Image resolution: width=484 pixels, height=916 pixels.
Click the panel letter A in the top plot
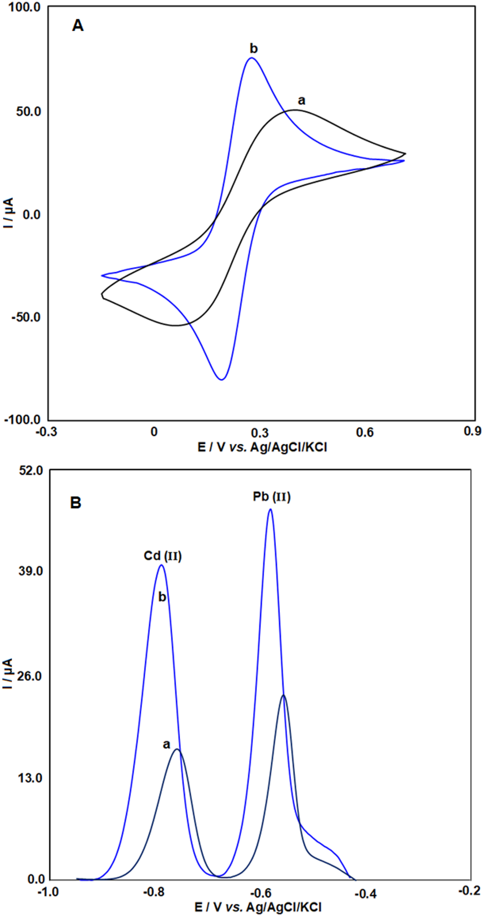[78, 26]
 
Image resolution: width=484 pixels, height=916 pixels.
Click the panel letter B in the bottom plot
[76, 503]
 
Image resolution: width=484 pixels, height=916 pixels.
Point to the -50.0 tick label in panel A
[26, 317]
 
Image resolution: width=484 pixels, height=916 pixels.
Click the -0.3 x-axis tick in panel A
[46, 431]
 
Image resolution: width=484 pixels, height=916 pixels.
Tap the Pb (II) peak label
[271, 497]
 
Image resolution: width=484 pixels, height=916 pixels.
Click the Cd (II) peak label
[163, 556]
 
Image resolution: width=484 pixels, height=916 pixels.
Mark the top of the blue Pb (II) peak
[270, 509]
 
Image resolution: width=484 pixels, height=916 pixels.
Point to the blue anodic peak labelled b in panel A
[252, 58]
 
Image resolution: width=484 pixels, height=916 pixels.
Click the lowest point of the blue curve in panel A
[221, 380]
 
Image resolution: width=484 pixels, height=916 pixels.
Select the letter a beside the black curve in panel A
[301, 101]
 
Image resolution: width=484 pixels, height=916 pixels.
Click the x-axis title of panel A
[262, 447]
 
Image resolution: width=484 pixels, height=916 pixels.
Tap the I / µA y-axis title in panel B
[8, 673]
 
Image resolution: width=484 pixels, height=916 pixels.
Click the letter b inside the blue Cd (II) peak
[162, 597]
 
